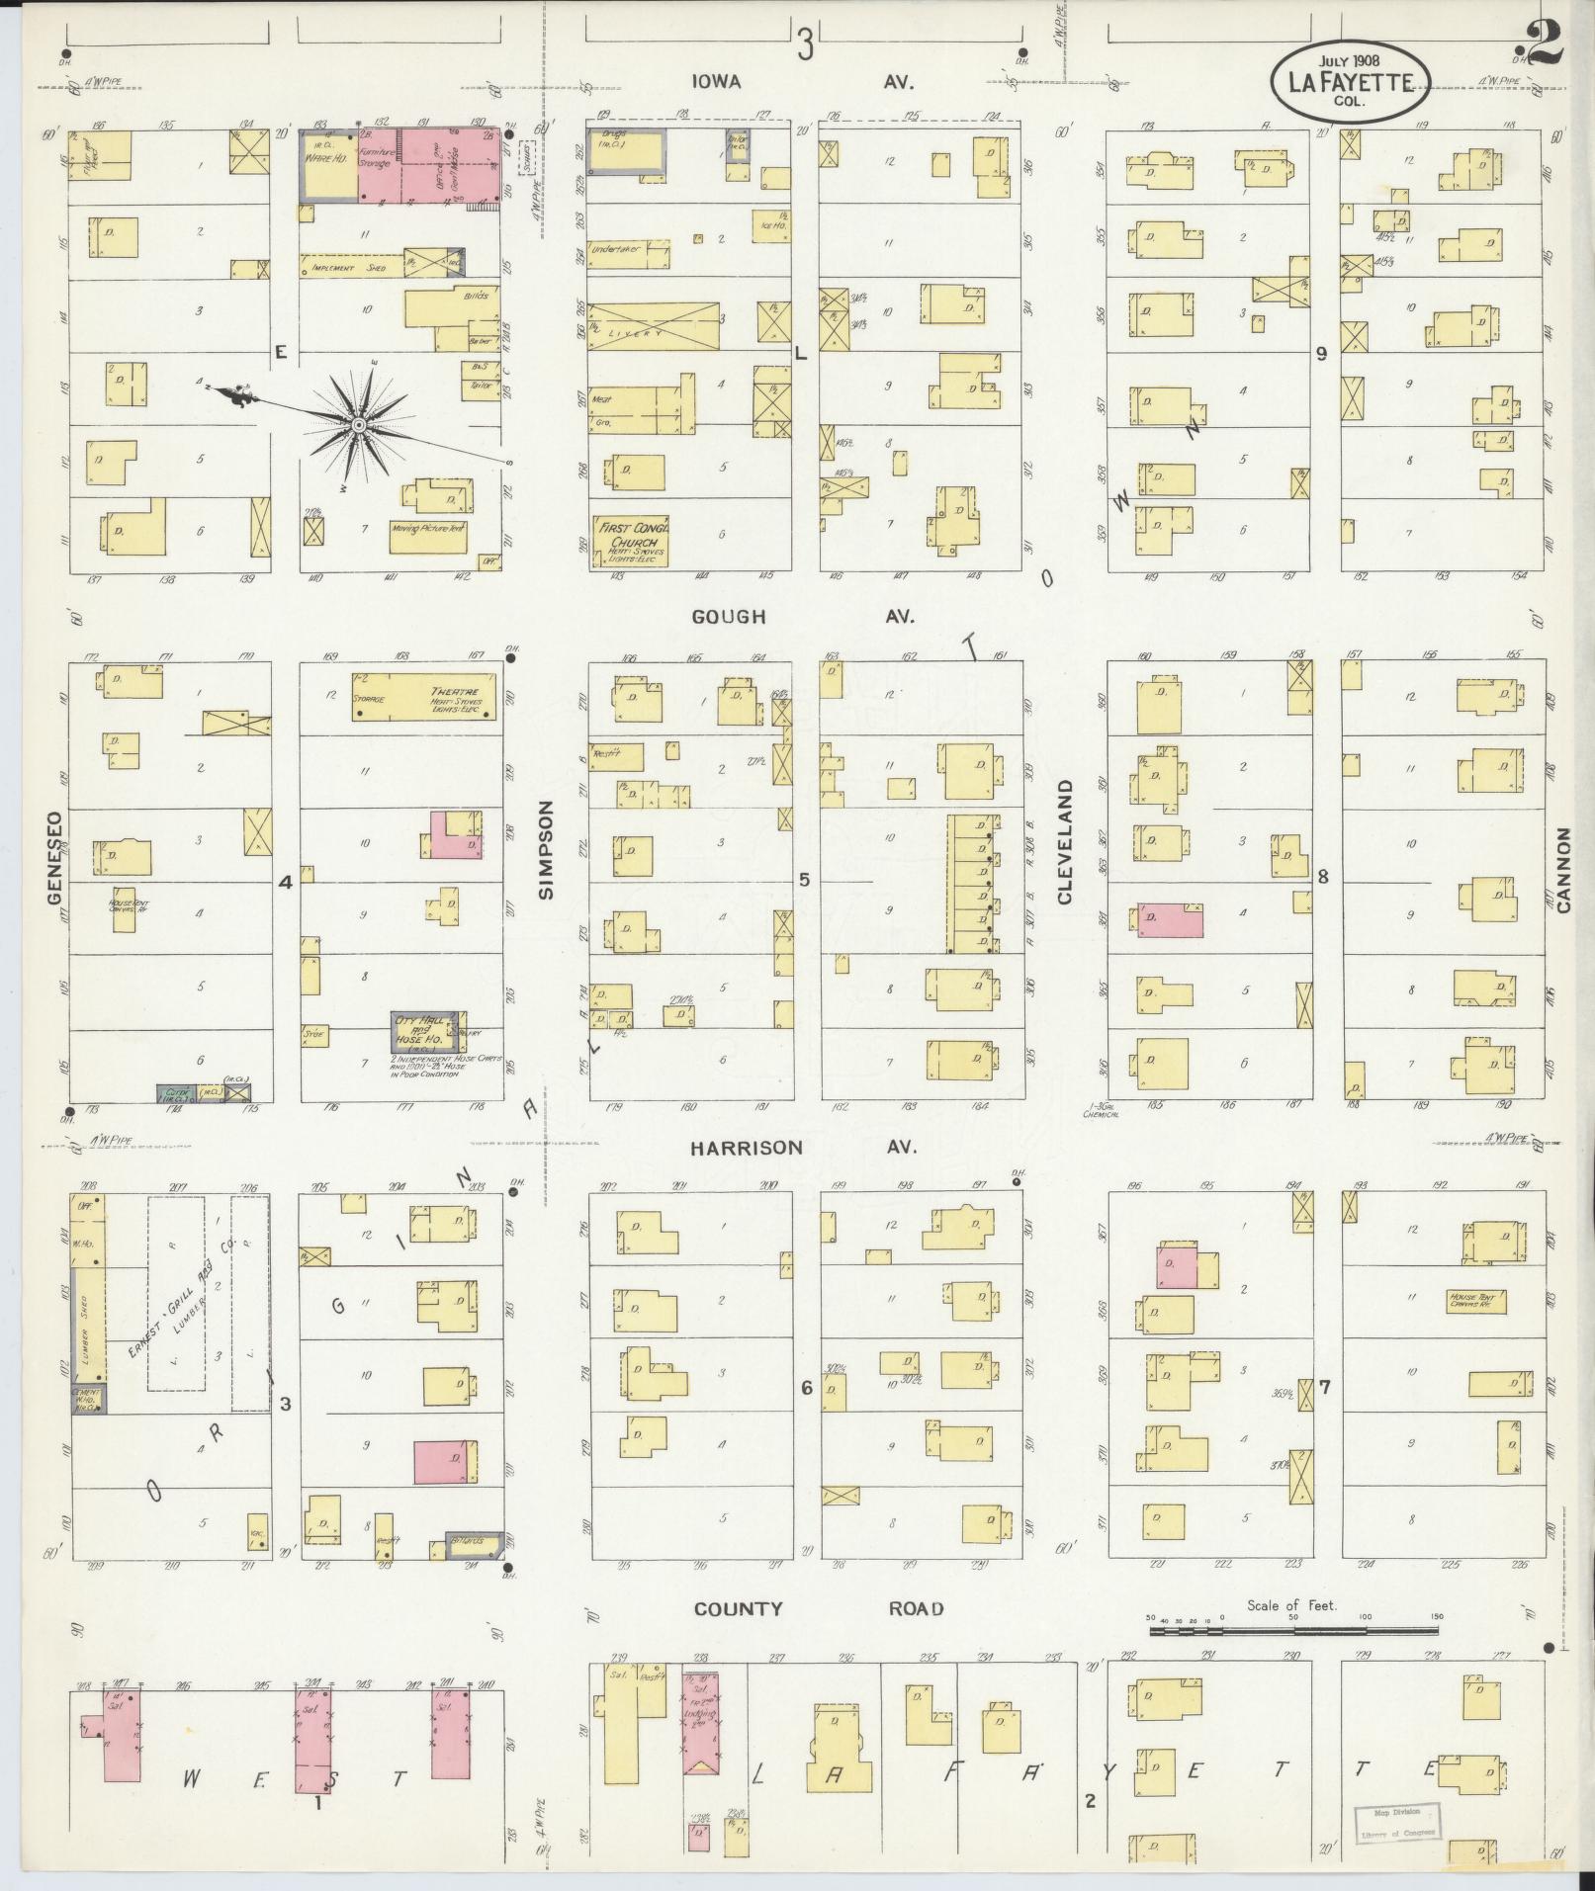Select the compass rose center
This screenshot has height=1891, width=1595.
[x=359, y=425]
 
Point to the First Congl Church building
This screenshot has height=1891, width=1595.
[x=629, y=542]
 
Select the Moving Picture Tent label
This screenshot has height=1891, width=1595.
[x=427, y=529]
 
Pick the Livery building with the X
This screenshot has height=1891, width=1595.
[x=653, y=326]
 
